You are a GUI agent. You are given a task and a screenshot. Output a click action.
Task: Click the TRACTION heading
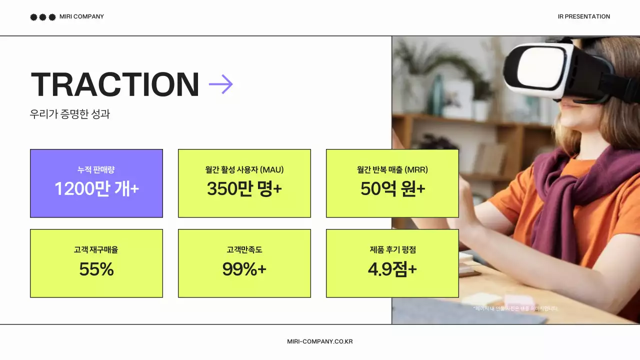[115, 84]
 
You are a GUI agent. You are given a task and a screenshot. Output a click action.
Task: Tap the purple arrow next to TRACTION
[220, 84]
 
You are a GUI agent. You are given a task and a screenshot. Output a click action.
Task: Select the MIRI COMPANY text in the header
[81, 16]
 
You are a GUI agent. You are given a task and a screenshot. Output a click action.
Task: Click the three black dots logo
[42, 17]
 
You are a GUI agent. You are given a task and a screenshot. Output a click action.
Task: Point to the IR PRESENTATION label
[583, 16]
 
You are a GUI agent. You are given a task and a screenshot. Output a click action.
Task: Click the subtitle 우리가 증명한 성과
[70, 114]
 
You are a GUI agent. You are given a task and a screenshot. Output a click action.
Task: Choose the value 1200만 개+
[96, 189]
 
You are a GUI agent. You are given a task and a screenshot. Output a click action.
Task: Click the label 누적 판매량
[96, 170]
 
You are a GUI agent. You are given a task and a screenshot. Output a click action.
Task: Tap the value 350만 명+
[244, 189]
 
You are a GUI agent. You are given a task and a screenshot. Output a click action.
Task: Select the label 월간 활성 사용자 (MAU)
[244, 170]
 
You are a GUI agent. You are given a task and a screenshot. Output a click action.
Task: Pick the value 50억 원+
[392, 189]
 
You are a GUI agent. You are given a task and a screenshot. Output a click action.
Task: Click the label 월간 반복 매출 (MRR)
[392, 170]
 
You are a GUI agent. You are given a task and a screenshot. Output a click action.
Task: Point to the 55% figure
[96, 269]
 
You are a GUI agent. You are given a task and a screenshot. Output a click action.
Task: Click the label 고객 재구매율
[96, 249]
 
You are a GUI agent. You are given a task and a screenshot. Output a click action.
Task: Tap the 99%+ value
[244, 269]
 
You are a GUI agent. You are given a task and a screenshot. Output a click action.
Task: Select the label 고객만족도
[244, 249]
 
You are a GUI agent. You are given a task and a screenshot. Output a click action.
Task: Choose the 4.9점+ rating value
[392, 269]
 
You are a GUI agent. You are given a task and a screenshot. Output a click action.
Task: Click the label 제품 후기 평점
[392, 249]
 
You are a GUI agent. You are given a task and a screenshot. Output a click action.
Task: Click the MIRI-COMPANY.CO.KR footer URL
[320, 341]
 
